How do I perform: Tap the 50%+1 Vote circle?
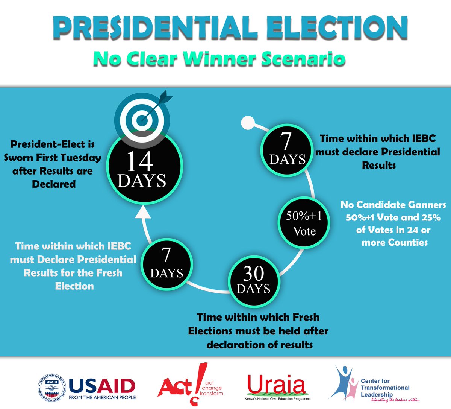(304, 222)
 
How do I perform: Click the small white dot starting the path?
(247, 122)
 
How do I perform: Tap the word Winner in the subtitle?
(215, 59)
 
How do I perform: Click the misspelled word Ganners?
(427, 205)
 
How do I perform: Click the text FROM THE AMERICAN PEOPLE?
(102, 397)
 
